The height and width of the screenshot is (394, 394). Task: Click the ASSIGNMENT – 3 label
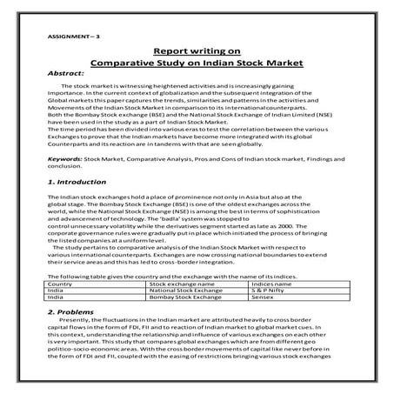(x=63, y=37)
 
